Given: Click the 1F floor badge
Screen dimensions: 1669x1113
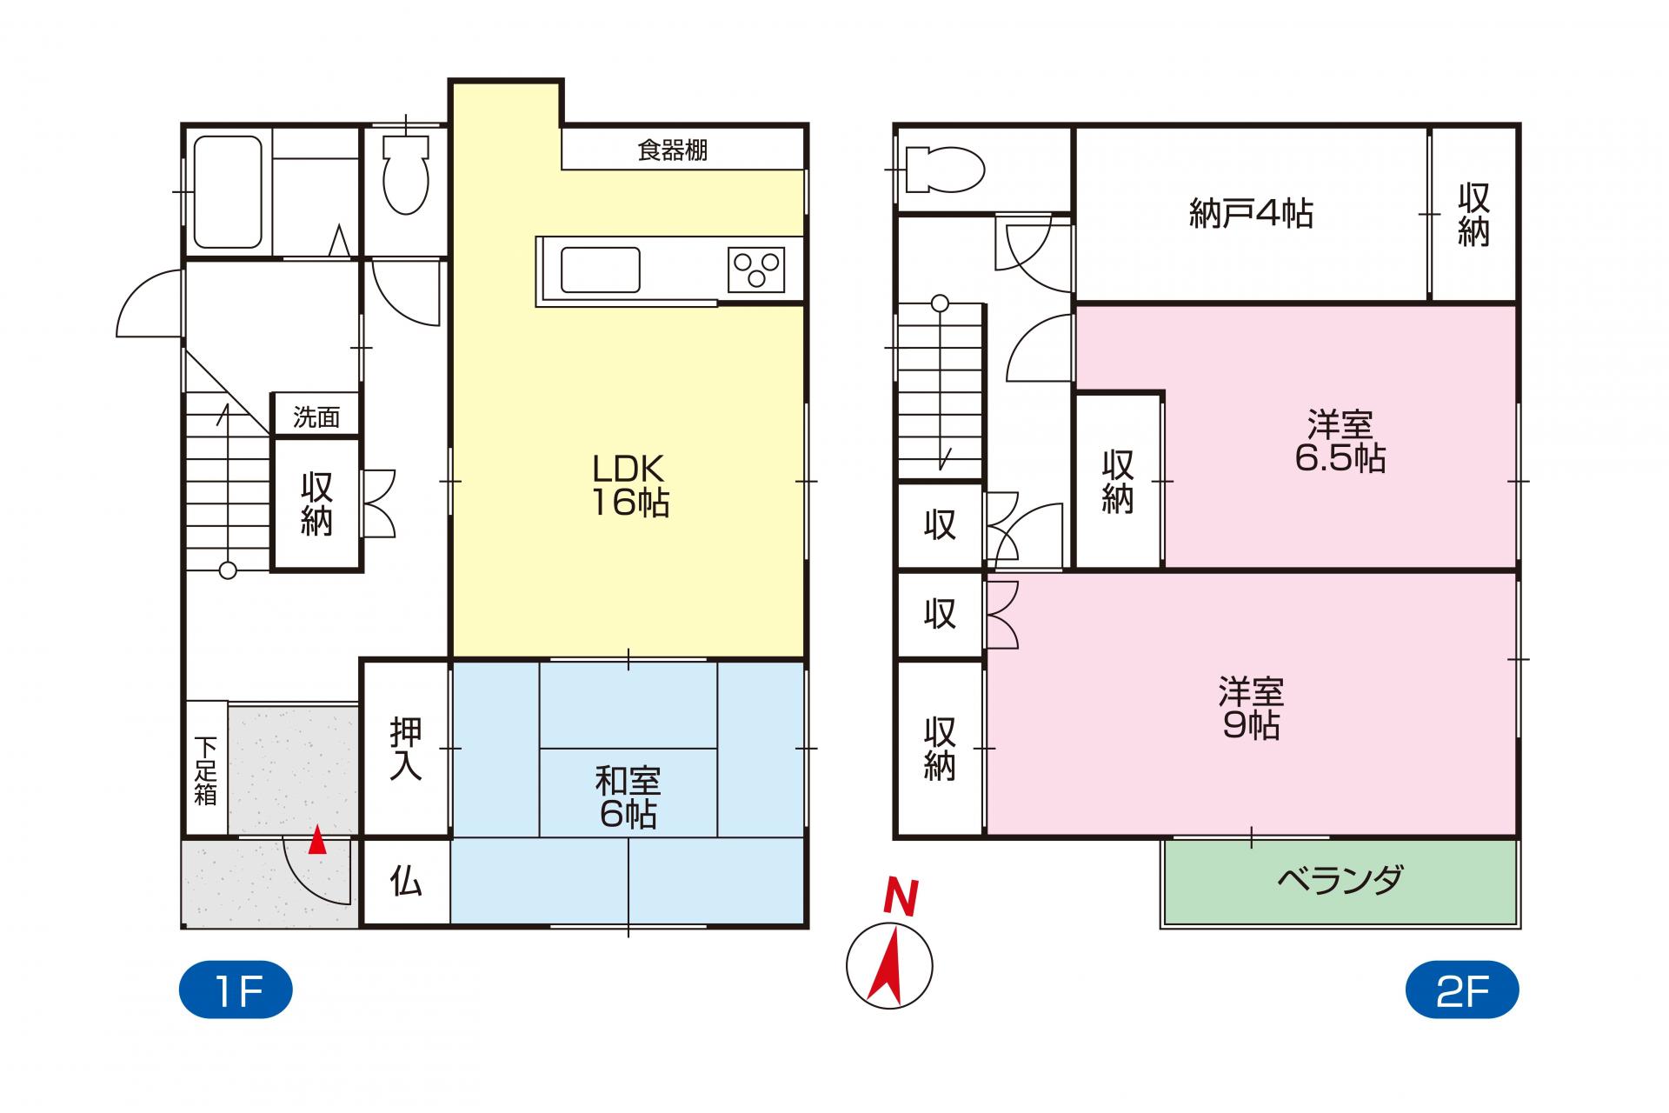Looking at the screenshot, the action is [x=236, y=990].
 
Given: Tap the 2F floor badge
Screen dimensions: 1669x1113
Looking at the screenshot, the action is [x=1462, y=990].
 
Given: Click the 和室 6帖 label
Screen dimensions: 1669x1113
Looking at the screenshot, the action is [x=628, y=797].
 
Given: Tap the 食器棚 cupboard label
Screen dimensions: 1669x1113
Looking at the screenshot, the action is [x=673, y=150].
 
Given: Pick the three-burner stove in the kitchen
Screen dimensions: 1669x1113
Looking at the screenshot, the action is [x=756, y=270].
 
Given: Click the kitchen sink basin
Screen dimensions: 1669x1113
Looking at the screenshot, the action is [x=601, y=270].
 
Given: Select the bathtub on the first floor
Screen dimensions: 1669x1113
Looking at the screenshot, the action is [x=228, y=191].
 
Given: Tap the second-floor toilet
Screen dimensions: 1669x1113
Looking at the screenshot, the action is [x=944, y=169].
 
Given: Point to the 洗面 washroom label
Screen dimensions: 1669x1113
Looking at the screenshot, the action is [x=316, y=417].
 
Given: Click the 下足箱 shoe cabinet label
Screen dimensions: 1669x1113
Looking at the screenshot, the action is [x=205, y=771].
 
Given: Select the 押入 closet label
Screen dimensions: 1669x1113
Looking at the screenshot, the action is [x=406, y=749].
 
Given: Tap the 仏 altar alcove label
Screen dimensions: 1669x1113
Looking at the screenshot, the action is [x=406, y=882].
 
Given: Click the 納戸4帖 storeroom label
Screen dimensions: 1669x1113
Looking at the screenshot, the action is [x=1251, y=214].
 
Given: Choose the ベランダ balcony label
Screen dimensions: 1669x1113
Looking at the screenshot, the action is [x=1340, y=881].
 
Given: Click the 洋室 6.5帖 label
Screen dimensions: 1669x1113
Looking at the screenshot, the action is [x=1340, y=442].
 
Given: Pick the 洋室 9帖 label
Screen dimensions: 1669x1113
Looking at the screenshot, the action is [x=1251, y=709].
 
